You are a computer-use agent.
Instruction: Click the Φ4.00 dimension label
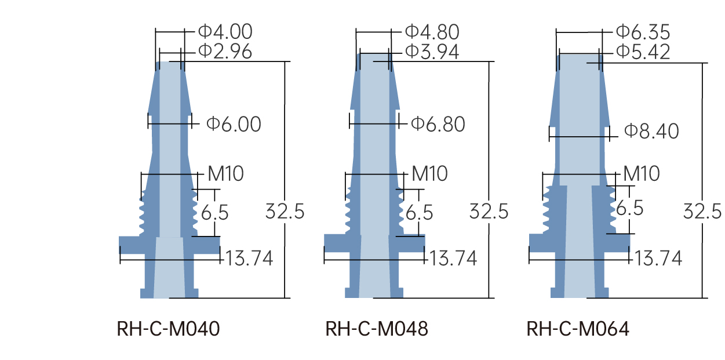click(225, 32)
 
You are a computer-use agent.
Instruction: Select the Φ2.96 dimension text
click(225, 52)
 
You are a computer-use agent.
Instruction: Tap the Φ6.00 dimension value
click(234, 124)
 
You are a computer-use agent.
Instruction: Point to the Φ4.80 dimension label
click(432, 32)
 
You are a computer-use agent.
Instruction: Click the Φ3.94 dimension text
click(432, 52)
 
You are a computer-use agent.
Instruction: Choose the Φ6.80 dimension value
click(438, 124)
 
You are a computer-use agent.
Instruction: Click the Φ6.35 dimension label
click(643, 32)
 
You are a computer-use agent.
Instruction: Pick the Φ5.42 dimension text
click(643, 52)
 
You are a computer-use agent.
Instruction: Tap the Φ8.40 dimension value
click(652, 132)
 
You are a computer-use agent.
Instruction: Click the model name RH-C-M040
click(169, 329)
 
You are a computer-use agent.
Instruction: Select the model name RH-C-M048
click(377, 329)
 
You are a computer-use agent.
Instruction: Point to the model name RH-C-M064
click(578, 329)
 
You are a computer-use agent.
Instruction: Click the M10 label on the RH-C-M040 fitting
click(225, 173)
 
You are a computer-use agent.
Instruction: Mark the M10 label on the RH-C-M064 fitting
click(642, 173)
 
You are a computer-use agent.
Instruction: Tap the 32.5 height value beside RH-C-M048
click(489, 212)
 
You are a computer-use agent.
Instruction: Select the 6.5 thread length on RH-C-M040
click(214, 213)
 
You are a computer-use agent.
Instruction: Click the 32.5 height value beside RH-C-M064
click(702, 211)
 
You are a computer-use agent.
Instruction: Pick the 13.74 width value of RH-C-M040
click(249, 258)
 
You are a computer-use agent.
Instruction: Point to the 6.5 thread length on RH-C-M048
click(419, 213)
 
